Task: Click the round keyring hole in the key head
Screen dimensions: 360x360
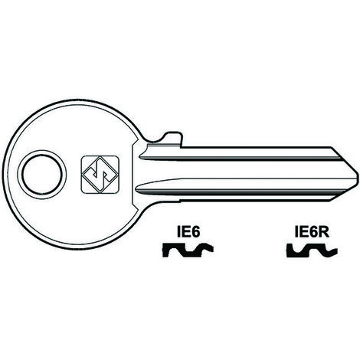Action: tap(42, 175)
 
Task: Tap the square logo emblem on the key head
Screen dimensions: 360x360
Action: tap(100, 175)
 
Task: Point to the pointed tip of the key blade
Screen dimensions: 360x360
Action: tap(358, 175)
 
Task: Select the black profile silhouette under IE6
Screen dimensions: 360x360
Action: tap(188, 250)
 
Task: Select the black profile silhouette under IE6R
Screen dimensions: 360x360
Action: tap(312, 250)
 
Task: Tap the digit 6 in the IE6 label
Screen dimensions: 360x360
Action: tap(194, 232)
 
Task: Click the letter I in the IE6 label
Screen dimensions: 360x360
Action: tap(178, 232)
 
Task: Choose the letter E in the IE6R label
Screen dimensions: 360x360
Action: tap(301, 232)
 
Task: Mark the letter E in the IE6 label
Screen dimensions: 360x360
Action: tap(184, 232)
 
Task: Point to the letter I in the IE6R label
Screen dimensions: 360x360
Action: tap(295, 232)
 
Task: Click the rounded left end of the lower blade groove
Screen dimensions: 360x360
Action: tap(138, 190)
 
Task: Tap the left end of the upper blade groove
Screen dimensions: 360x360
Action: tap(140, 157)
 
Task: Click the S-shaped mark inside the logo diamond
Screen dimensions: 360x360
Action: tap(100, 175)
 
